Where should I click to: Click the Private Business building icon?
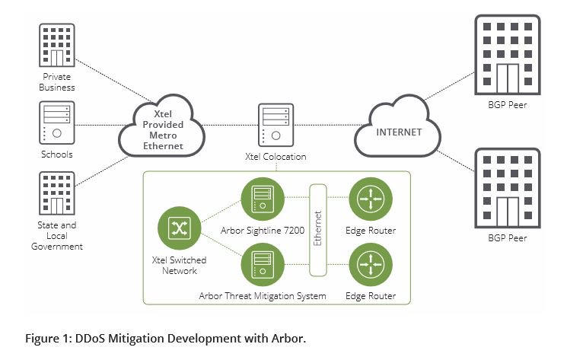tap(58, 47)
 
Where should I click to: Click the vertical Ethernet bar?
tap(318, 228)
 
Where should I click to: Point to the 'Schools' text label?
tap(58, 155)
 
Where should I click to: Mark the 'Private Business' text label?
tap(58, 81)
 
